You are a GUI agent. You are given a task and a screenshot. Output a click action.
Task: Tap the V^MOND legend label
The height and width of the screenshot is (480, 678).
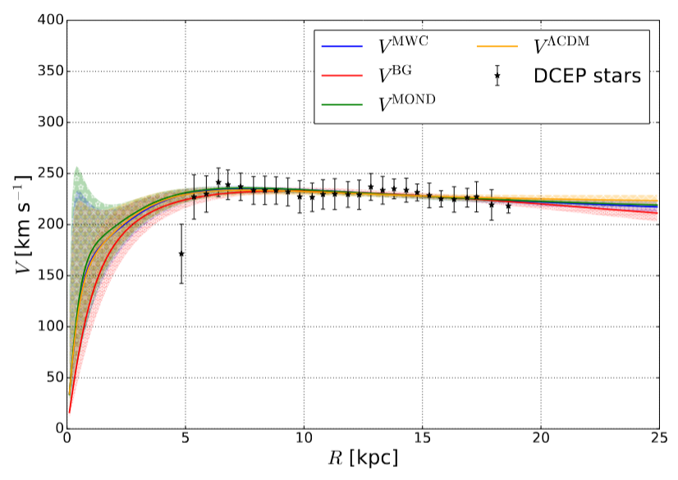pos(407,104)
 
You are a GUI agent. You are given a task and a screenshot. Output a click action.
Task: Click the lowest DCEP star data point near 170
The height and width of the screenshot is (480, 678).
pos(181,254)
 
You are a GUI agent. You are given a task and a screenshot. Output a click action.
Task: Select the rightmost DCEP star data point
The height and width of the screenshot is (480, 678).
pos(508,206)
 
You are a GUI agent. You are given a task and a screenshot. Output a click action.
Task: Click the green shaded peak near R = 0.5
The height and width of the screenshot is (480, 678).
pos(76,173)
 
